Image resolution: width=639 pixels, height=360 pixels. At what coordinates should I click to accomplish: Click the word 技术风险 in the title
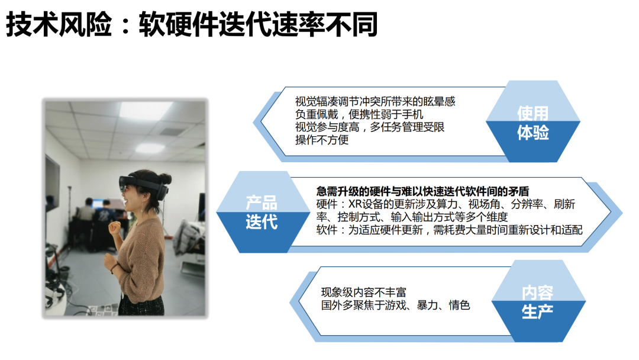pyautogui.click(x=59, y=24)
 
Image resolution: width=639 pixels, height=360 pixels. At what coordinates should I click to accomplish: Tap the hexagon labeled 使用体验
pyautogui.click(x=532, y=121)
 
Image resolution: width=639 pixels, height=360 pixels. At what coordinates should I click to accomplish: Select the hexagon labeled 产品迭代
pyautogui.click(x=263, y=212)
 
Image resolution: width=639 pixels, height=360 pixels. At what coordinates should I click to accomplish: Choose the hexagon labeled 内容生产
pyautogui.click(x=538, y=301)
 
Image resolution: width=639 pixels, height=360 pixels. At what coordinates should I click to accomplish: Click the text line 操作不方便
pyautogui.click(x=322, y=140)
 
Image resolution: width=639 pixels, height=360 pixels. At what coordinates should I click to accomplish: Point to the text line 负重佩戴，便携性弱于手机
pyautogui.click(x=359, y=114)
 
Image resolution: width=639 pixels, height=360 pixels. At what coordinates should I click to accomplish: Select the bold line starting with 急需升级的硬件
pyautogui.click(x=422, y=191)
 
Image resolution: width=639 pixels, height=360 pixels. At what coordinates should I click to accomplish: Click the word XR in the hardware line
pyautogui.click(x=355, y=204)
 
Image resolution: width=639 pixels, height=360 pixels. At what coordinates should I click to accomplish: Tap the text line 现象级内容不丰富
pyautogui.click(x=363, y=292)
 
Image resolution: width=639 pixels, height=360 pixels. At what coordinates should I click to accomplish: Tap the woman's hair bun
pyautogui.click(x=165, y=178)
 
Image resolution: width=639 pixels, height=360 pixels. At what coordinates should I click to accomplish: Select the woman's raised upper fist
pyautogui.click(x=115, y=227)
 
